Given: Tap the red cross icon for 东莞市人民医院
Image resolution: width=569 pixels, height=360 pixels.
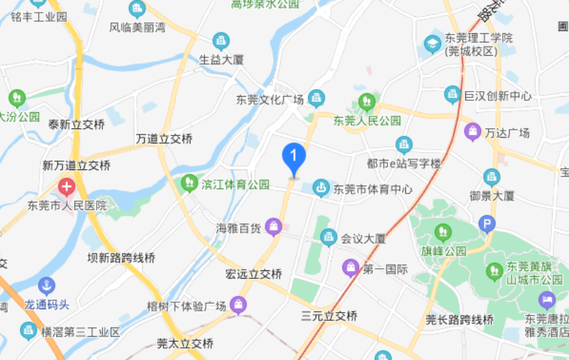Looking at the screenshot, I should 66,187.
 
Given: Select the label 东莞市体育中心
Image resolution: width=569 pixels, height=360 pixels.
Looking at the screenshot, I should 373,189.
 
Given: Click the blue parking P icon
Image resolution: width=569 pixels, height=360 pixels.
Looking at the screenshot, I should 486,224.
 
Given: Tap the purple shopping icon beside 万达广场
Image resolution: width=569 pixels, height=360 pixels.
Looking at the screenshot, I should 472,131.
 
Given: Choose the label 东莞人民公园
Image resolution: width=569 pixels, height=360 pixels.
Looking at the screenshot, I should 367,121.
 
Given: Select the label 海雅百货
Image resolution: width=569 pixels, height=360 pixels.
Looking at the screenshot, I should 239,228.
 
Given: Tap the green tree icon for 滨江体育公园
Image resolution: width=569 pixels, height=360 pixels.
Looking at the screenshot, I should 189,184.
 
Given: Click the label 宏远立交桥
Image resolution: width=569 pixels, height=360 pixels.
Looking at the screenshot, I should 253,274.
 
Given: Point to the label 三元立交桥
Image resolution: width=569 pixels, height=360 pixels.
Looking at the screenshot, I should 329,316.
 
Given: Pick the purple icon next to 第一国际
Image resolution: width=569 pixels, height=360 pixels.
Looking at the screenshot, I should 350,268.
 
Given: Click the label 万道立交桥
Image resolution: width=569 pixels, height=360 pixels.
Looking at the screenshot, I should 164,139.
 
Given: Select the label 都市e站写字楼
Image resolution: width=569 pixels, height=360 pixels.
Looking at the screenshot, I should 404,164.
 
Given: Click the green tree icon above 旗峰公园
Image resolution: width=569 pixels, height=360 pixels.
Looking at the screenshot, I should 443,232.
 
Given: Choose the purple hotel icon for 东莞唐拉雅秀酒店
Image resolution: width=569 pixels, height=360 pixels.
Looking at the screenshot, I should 546,300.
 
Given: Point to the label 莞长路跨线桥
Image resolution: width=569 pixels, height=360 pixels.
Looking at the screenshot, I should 460,320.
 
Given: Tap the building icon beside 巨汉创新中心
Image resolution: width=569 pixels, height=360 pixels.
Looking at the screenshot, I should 453,95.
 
